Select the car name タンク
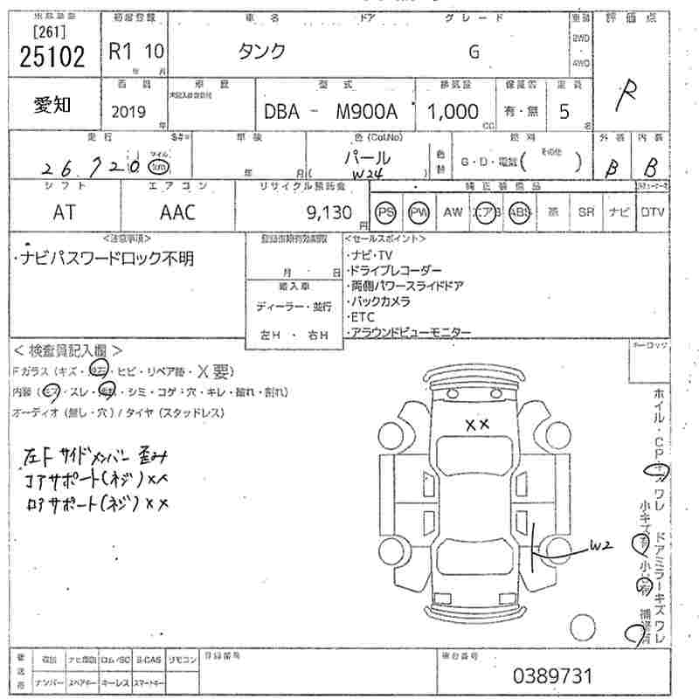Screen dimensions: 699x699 click(x=262, y=51)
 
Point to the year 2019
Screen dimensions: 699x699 click(x=129, y=112)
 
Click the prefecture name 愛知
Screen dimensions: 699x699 click(x=52, y=105)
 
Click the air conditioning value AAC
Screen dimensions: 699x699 click(x=177, y=212)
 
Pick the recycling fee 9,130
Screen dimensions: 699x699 click(x=329, y=211)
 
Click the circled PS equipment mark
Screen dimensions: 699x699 click(x=385, y=212)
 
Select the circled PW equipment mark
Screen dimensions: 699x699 click(x=420, y=212)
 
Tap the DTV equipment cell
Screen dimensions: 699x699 click(x=651, y=212)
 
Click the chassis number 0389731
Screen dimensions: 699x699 click(x=552, y=675)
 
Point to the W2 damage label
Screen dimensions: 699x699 click(x=599, y=546)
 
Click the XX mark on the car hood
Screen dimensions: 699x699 click(x=476, y=425)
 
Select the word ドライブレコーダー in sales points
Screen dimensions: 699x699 click(x=396, y=271)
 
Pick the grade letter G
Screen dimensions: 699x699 click(x=474, y=51)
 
